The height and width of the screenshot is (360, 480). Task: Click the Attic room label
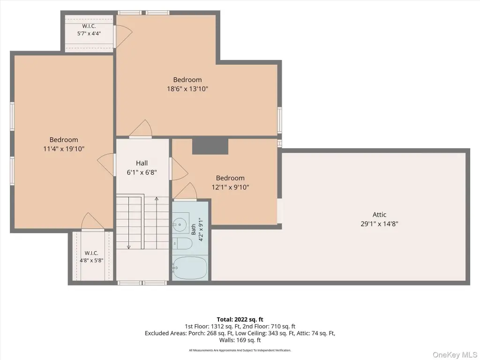click(x=379, y=215)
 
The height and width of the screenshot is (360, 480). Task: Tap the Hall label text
click(x=142, y=163)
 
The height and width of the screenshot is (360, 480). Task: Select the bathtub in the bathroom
click(x=190, y=268)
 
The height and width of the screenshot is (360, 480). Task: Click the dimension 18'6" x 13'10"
click(x=187, y=89)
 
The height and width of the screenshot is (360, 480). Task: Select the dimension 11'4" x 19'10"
click(x=64, y=149)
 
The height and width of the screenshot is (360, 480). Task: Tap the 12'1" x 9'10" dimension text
click(x=230, y=187)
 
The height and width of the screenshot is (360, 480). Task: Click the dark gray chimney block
click(x=210, y=146)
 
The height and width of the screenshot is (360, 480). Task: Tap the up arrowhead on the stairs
click(x=157, y=199)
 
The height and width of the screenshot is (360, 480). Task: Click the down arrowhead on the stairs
click(x=129, y=247)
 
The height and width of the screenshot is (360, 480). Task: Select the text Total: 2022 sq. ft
click(x=240, y=320)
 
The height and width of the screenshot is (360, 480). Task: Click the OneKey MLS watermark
click(x=455, y=355)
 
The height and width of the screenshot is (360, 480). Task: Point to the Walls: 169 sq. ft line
click(x=240, y=340)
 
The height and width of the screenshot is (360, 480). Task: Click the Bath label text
click(x=194, y=230)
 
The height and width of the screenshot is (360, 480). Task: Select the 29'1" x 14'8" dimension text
click(x=379, y=224)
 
